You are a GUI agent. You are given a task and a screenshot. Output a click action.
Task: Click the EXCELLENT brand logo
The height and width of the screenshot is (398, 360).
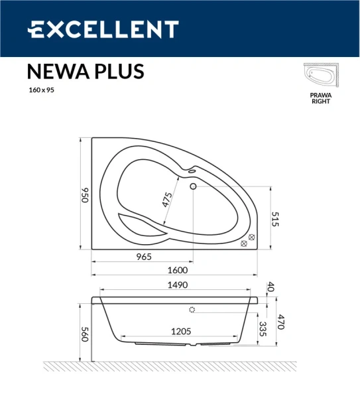pos(103,29)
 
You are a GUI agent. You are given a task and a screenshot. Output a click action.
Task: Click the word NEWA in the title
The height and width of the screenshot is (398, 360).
pos(55,72)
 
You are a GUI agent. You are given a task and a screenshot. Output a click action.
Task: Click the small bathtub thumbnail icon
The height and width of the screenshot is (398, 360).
pos(321,77)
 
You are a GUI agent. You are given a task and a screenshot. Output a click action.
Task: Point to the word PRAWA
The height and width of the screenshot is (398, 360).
pos(321,95)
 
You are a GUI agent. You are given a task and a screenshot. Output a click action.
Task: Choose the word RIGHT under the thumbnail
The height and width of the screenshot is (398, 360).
pos(321,101)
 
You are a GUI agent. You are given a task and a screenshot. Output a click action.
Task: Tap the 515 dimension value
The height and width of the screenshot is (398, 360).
pos(276,220)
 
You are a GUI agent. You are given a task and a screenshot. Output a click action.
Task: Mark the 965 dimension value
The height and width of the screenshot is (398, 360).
pos(144,257)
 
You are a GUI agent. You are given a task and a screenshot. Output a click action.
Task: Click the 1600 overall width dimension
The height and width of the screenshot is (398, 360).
pos(178,270)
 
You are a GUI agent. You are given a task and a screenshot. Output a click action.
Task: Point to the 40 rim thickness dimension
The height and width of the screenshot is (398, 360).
pos(270,287)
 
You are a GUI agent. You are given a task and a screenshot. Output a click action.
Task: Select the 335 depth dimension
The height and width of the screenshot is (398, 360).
pos(263,329)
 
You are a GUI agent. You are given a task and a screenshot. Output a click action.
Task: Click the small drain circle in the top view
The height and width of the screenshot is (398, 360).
pos(194,186)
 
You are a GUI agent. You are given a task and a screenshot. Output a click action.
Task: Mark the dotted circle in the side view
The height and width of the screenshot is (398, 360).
pos(192,310)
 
